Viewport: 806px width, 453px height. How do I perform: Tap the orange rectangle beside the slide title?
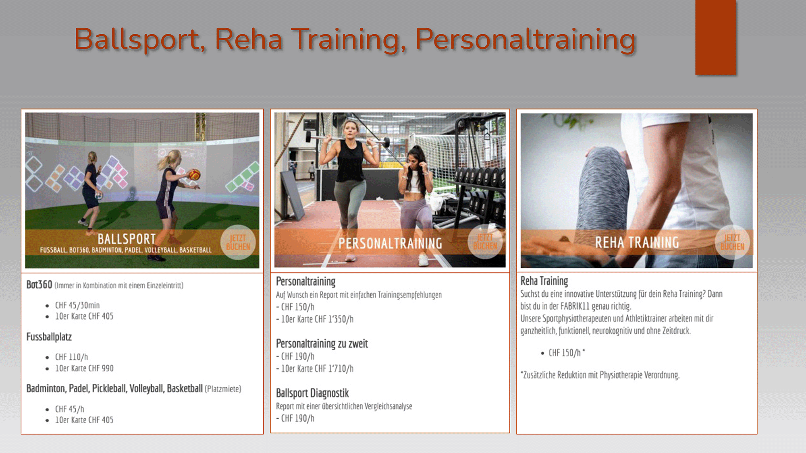point(715,37)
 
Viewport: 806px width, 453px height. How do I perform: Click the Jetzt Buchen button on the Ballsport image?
point(238,242)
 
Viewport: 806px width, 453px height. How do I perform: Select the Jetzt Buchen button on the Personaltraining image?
point(485,242)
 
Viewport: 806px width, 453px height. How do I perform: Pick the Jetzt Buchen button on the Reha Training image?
point(732,242)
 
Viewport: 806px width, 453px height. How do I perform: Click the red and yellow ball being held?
point(194,174)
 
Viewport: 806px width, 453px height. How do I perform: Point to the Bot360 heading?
point(39,285)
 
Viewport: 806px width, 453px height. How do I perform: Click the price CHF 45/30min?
point(77,305)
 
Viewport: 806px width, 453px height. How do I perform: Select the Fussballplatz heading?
point(49,337)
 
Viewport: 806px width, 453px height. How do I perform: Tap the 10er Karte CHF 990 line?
point(84,368)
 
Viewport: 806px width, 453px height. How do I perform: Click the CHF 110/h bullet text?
point(71,357)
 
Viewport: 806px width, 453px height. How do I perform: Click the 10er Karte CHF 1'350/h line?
point(317,319)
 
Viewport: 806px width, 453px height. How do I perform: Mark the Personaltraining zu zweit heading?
point(322,343)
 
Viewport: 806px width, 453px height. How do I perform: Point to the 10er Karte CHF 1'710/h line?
point(317,368)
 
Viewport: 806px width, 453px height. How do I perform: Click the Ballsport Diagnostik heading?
point(312,393)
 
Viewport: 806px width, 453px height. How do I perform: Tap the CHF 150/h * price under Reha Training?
point(567,353)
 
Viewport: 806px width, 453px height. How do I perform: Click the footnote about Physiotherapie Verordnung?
point(600,375)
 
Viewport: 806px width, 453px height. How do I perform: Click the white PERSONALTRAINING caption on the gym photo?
point(390,243)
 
